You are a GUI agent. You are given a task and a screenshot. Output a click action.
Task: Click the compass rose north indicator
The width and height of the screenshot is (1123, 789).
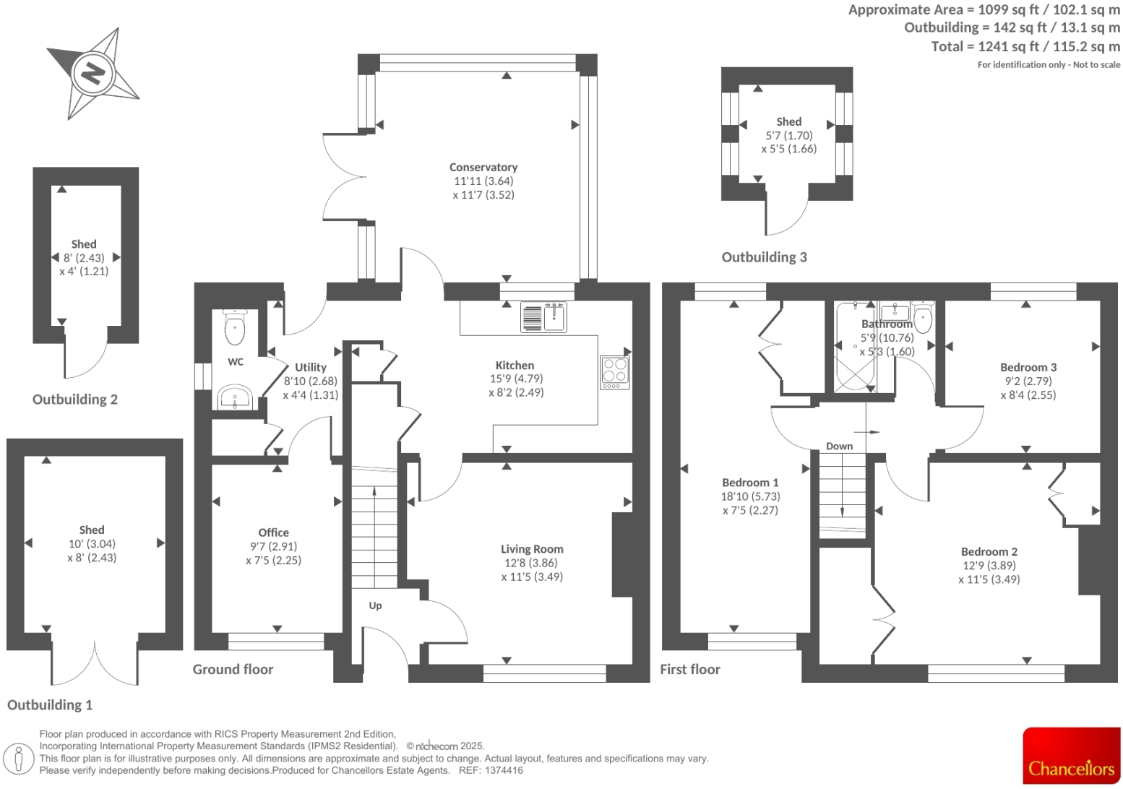[x=92, y=73]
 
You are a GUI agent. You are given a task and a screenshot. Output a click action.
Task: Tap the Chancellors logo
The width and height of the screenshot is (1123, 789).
[x=1071, y=756]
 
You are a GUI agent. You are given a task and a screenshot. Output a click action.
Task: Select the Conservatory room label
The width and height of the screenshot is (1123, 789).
[x=483, y=167]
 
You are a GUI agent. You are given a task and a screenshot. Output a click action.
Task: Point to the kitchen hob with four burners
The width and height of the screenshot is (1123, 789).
[x=614, y=371]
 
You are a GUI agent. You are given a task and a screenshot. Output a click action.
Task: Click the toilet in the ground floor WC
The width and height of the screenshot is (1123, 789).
[x=235, y=327]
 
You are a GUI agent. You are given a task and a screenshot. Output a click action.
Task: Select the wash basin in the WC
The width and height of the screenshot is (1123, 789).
[x=234, y=397]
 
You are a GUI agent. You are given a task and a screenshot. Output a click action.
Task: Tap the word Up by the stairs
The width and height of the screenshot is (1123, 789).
[x=375, y=605]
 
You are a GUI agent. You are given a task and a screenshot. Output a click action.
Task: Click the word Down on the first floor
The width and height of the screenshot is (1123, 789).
[x=839, y=446]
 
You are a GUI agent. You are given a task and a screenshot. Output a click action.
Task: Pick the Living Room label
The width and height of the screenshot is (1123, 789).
[x=532, y=549]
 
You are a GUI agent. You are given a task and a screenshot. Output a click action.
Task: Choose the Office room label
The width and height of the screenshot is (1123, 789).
[x=273, y=533]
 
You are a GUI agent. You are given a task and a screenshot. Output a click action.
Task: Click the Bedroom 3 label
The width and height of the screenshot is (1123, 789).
[x=1028, y=367]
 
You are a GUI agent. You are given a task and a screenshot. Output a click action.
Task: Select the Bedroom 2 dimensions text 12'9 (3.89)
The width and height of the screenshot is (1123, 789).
[x=989, y=565]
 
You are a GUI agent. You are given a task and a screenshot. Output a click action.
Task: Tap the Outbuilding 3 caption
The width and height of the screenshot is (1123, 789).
[x=764, y=257]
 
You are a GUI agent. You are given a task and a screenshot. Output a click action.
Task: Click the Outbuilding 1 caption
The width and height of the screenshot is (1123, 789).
[x=50, y=704]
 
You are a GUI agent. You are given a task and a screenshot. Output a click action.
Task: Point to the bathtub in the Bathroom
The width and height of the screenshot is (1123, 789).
[x=853, y=350]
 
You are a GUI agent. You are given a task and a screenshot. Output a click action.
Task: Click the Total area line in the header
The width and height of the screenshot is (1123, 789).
[x=1025, y=46]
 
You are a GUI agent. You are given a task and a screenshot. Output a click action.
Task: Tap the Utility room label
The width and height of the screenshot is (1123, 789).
[x=310, y=367]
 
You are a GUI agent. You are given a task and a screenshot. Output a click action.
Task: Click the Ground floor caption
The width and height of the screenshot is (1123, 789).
[x=233, y=669]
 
